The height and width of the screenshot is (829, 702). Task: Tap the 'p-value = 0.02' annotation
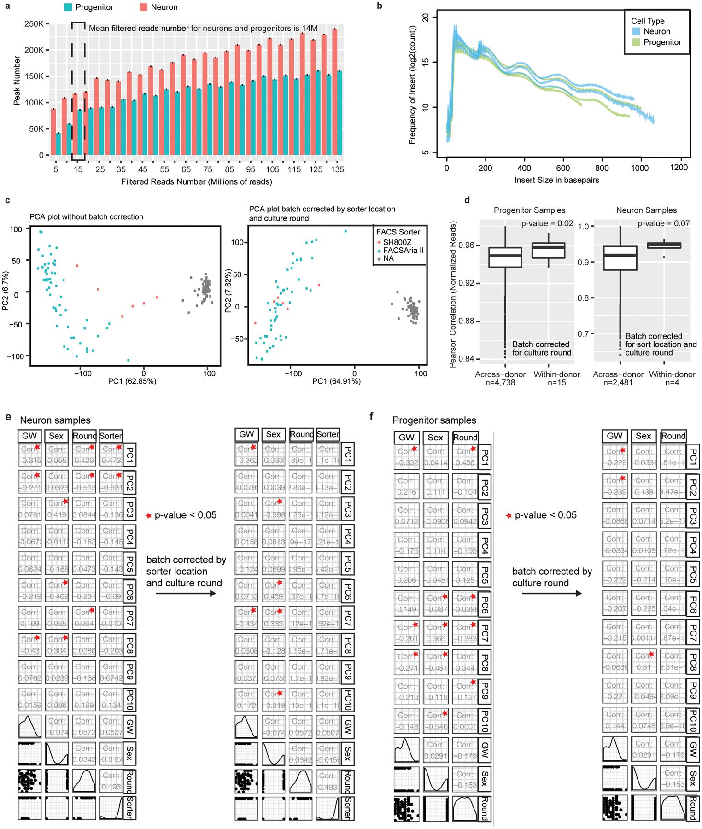point(546,223)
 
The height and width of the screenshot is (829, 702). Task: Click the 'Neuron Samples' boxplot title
point(646,210)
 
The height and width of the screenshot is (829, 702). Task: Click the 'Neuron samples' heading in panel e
point(55,420)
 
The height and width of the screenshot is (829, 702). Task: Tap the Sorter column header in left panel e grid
point(111,435)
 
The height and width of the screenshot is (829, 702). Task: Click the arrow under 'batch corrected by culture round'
point(551,594)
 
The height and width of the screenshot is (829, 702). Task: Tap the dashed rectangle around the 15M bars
point(78,91)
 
